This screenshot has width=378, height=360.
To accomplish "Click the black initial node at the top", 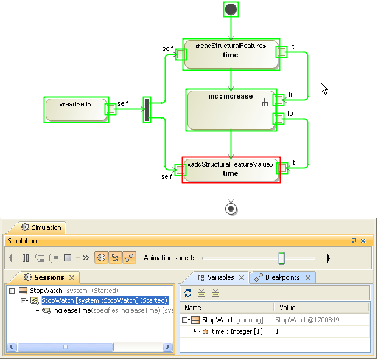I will coord(231,9).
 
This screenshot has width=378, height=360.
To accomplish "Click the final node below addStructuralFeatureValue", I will coord(231,209).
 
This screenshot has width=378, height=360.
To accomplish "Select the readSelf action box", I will coord(77,109).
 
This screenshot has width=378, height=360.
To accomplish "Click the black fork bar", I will coord(147,109).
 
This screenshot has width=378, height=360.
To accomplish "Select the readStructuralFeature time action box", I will coord(231,54).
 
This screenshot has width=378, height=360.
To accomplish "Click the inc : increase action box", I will coord(231,110).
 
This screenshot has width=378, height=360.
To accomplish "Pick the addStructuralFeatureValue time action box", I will coord(231,170).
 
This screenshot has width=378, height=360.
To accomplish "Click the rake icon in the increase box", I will coord(265,104).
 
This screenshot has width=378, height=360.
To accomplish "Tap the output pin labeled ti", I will coord(278,99).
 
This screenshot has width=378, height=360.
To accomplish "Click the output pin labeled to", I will coord(278,119).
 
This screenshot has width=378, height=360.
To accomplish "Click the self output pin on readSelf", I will coord(110,109).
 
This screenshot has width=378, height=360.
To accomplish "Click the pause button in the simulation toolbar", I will coord(26,258).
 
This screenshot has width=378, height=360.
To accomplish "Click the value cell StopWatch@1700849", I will coord(307,320).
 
